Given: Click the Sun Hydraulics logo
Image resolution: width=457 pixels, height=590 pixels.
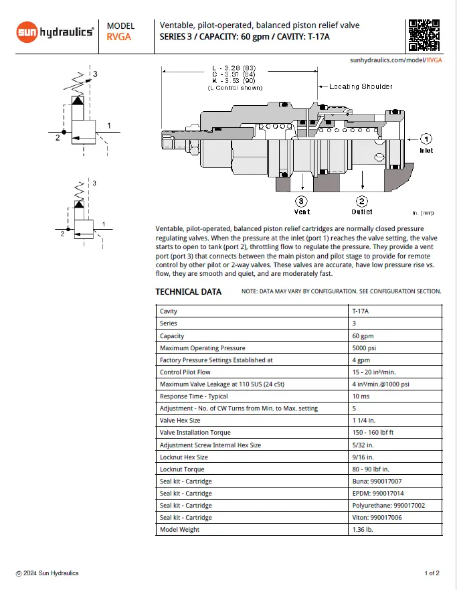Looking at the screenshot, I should (x=54, y=31).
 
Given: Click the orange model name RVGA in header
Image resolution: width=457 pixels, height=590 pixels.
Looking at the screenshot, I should (x=118, y=38).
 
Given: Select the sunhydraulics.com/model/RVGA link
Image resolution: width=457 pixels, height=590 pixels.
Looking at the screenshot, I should (x=396, y=60).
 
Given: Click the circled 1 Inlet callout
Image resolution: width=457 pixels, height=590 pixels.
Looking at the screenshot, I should (x=426, y=139).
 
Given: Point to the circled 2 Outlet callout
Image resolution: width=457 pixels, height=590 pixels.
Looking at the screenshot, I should (x=361, y=201).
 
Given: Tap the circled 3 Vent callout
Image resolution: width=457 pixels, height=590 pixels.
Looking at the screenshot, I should (x=302, y=201).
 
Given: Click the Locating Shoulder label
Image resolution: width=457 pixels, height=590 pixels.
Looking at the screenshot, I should (x=361, y=86).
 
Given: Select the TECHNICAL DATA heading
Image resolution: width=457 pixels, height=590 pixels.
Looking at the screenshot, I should (x=188, y=291).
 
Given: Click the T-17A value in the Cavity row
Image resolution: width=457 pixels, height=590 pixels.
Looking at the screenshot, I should (x=360, y=311).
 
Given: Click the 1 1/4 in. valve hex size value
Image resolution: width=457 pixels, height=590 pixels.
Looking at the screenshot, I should (x=364, y=421).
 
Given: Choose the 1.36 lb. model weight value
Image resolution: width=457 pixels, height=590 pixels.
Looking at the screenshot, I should (x=363, y=530).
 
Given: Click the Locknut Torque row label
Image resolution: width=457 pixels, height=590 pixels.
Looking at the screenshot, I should (x=182, y=469).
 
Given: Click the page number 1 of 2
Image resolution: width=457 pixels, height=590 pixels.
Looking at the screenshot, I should (x=432, y=573).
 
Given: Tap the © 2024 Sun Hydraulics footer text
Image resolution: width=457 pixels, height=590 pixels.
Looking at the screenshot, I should (x=48, y=573).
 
